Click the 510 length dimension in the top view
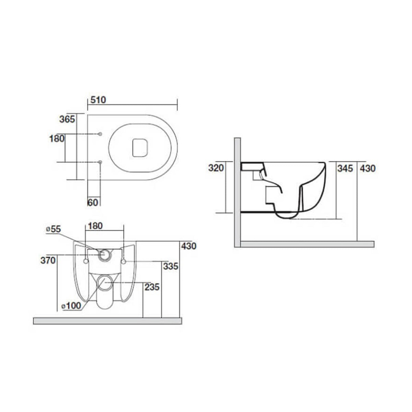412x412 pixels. (x=98, y=100)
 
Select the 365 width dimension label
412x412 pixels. (x=67, y=119)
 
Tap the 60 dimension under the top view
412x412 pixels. (x=93, y=202)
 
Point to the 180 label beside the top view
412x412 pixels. (x=57, y=139)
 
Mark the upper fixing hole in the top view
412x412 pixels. (x=100, y=134)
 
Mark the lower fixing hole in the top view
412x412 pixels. (x=100, y=162)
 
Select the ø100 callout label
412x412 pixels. (x=71, y=306)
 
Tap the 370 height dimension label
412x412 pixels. (x=48, y=261)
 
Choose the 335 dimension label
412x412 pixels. (x=171, y=266)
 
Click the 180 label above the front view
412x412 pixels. (x=95, y=226)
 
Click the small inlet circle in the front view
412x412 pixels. (x=105, y=255)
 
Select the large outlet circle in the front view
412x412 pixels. (x=103, y=282)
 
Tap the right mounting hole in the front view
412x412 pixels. (x=124, y=262)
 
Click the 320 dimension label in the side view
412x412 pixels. (x=216, y=168)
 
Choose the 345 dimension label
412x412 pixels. (x=345, y=168)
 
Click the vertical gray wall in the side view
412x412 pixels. (x=237, y=192)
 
